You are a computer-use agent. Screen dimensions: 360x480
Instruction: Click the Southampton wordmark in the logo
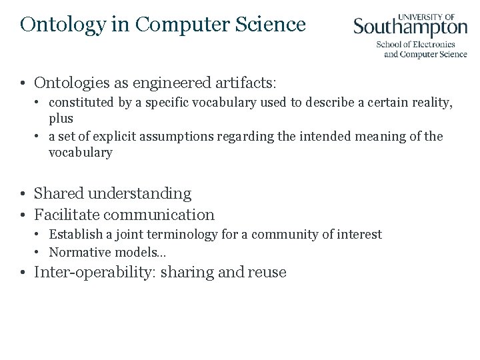point(410,28)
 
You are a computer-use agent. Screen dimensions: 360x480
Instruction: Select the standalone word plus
point(61,118)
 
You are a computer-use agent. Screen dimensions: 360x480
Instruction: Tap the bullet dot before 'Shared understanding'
point(23,194)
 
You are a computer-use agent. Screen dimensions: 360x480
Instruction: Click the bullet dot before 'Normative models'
point(39,252)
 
